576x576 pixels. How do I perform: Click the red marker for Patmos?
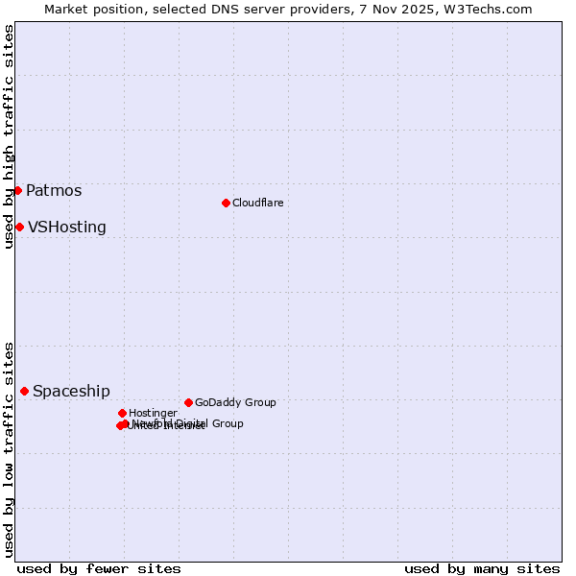pos(17,190)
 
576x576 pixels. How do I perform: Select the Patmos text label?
pos(54,190)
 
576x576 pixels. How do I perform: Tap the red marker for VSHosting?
pos(19,227)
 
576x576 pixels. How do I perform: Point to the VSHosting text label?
pos(67,228)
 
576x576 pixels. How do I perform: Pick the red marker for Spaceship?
pos(24,391)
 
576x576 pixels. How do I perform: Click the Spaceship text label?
pos(71,391)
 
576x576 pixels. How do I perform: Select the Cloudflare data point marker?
pos(226,203)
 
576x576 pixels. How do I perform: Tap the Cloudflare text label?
pos(257,203)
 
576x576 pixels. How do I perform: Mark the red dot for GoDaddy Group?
pos(188,402)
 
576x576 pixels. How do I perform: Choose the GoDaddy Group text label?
pos(235,402)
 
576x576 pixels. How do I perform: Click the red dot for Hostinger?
pos(122,413)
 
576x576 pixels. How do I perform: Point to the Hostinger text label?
pos(153,413)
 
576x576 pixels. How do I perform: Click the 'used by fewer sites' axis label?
pos(99,568)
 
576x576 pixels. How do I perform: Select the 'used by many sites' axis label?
pos(482,568)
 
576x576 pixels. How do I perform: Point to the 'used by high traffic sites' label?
pos(9,136)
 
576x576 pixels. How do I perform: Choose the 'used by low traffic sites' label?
pos(9,448)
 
